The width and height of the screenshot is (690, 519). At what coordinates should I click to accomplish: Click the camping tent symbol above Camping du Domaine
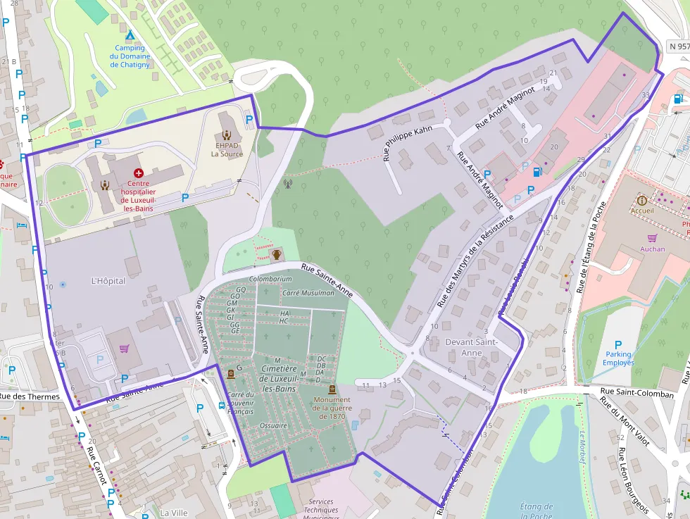point(130,35)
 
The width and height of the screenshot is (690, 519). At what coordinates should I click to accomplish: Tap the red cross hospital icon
point(138,173)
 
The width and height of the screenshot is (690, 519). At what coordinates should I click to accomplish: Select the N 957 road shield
point(677,46)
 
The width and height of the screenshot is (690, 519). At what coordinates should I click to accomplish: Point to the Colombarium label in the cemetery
point(270,279)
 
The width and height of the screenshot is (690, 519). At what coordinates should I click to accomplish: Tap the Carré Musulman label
point(308,292)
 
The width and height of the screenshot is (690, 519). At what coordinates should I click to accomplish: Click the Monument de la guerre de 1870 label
point(332,408)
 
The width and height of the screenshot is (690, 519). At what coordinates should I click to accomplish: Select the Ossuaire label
point(273,425)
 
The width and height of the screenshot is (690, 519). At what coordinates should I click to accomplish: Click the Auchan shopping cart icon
point(652,238)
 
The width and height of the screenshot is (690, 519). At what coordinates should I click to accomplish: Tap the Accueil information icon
point(641,200)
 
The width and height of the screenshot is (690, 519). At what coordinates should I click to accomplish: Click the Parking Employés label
point(618,358)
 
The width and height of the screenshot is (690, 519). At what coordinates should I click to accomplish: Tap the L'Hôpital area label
point(108,280)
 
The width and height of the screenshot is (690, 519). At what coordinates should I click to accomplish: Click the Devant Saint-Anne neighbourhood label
point(472,347)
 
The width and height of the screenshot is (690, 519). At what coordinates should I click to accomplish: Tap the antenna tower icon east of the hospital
point(287,185)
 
